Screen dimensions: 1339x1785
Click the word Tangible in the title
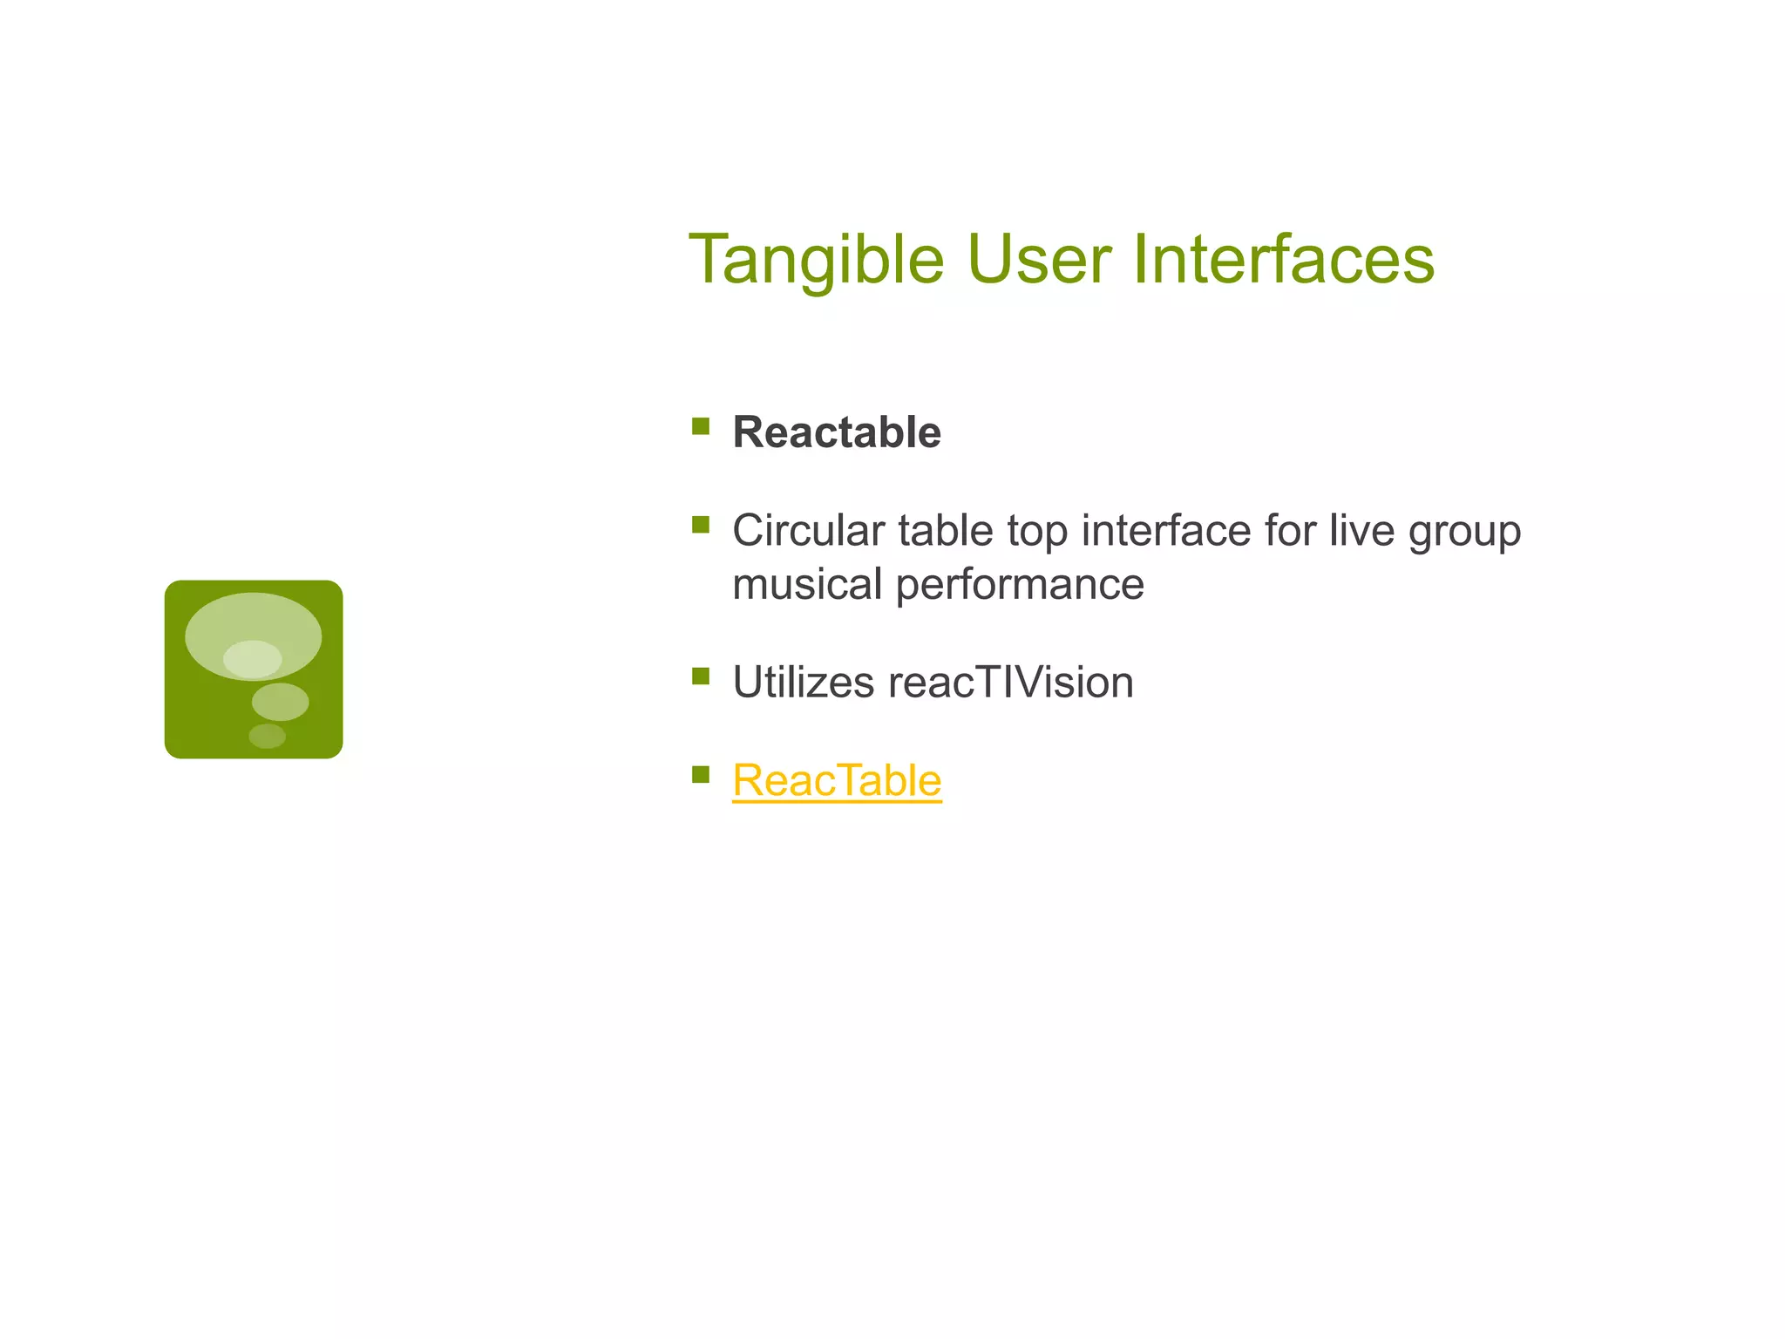click(x=816, y=260)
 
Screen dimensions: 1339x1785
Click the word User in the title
click(x=1038, y=260)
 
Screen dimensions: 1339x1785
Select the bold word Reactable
click(x=837, y=432)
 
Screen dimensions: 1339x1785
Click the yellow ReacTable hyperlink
click(x=837, y=780)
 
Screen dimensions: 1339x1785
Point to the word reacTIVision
click(x=1011, y=683)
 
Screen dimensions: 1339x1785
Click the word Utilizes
click(x=803, y=683)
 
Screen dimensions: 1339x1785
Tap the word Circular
click(x=808, y=531)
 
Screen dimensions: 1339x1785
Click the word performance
click(x=1020, y=585)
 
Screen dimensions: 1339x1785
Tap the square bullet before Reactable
click(x=701, y=426)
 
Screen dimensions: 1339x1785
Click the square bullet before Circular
click(x=701, y=525)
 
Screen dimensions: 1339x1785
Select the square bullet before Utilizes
click(x=701, y=676)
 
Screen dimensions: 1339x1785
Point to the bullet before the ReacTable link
click(x=701, y=774)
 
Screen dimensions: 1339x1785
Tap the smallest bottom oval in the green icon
click(x=267, y=736)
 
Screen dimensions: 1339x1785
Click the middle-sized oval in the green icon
click(x=280, y=702)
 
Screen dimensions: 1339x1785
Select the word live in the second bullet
click(x=1361, y=531)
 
